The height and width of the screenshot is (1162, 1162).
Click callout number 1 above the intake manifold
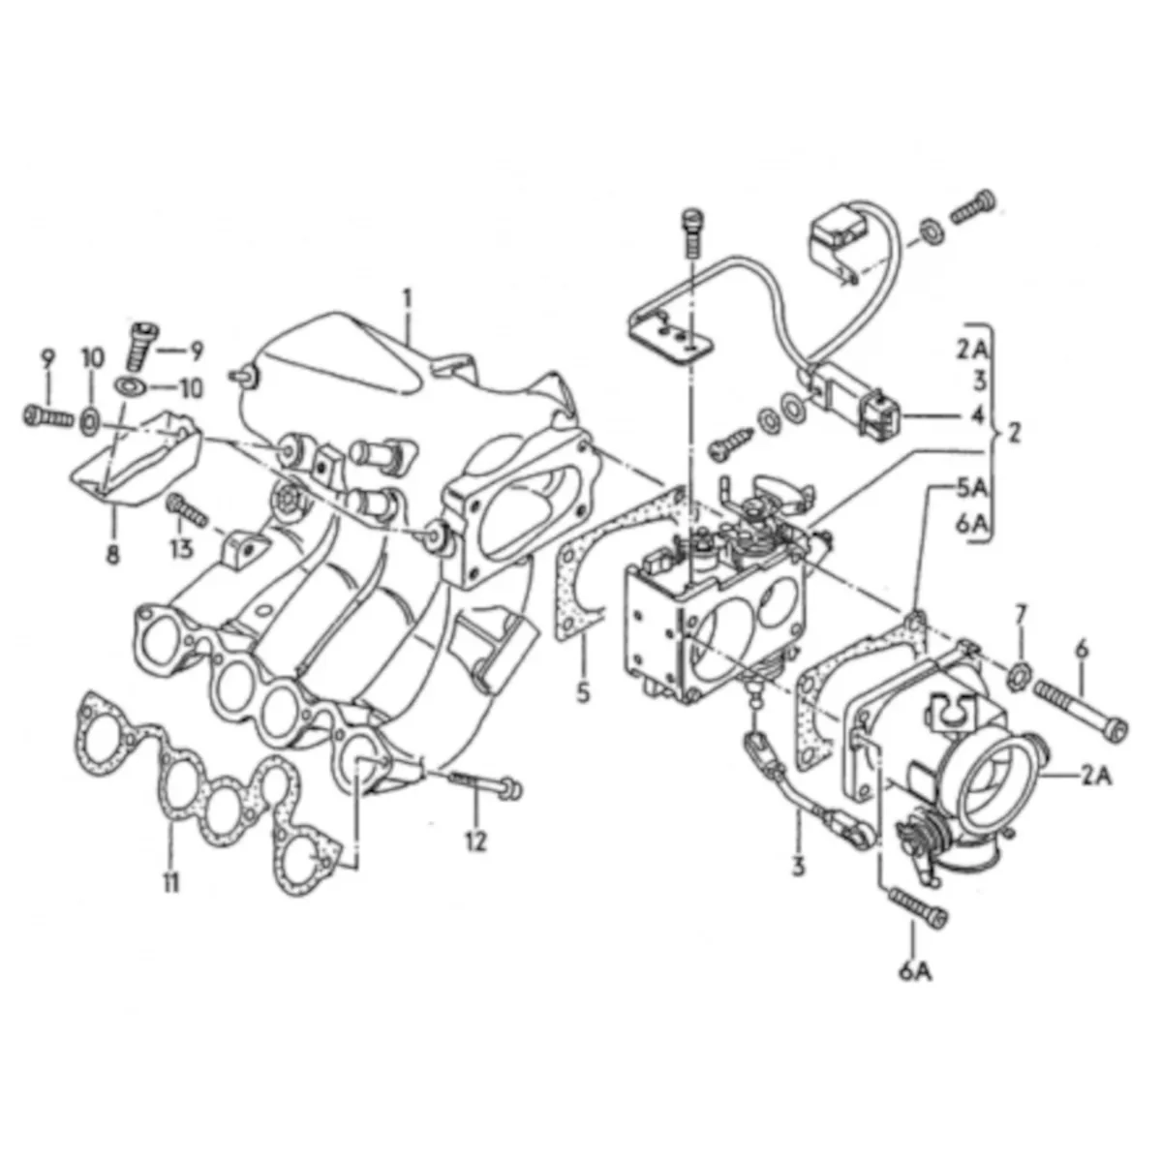click(409, 298)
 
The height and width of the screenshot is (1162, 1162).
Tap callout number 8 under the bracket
click(112, 554)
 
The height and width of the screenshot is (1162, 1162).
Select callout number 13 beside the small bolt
click(181, 549)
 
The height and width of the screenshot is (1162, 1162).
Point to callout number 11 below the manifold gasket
click(170, 884)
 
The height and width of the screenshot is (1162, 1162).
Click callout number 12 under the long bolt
click(475, 841)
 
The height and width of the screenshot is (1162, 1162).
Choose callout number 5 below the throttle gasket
click(583, 692)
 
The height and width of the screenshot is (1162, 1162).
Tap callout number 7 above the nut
click(1020, 616)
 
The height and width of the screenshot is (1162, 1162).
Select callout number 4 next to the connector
click(977, 414)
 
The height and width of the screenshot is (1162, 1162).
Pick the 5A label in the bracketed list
click(972, 488)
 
